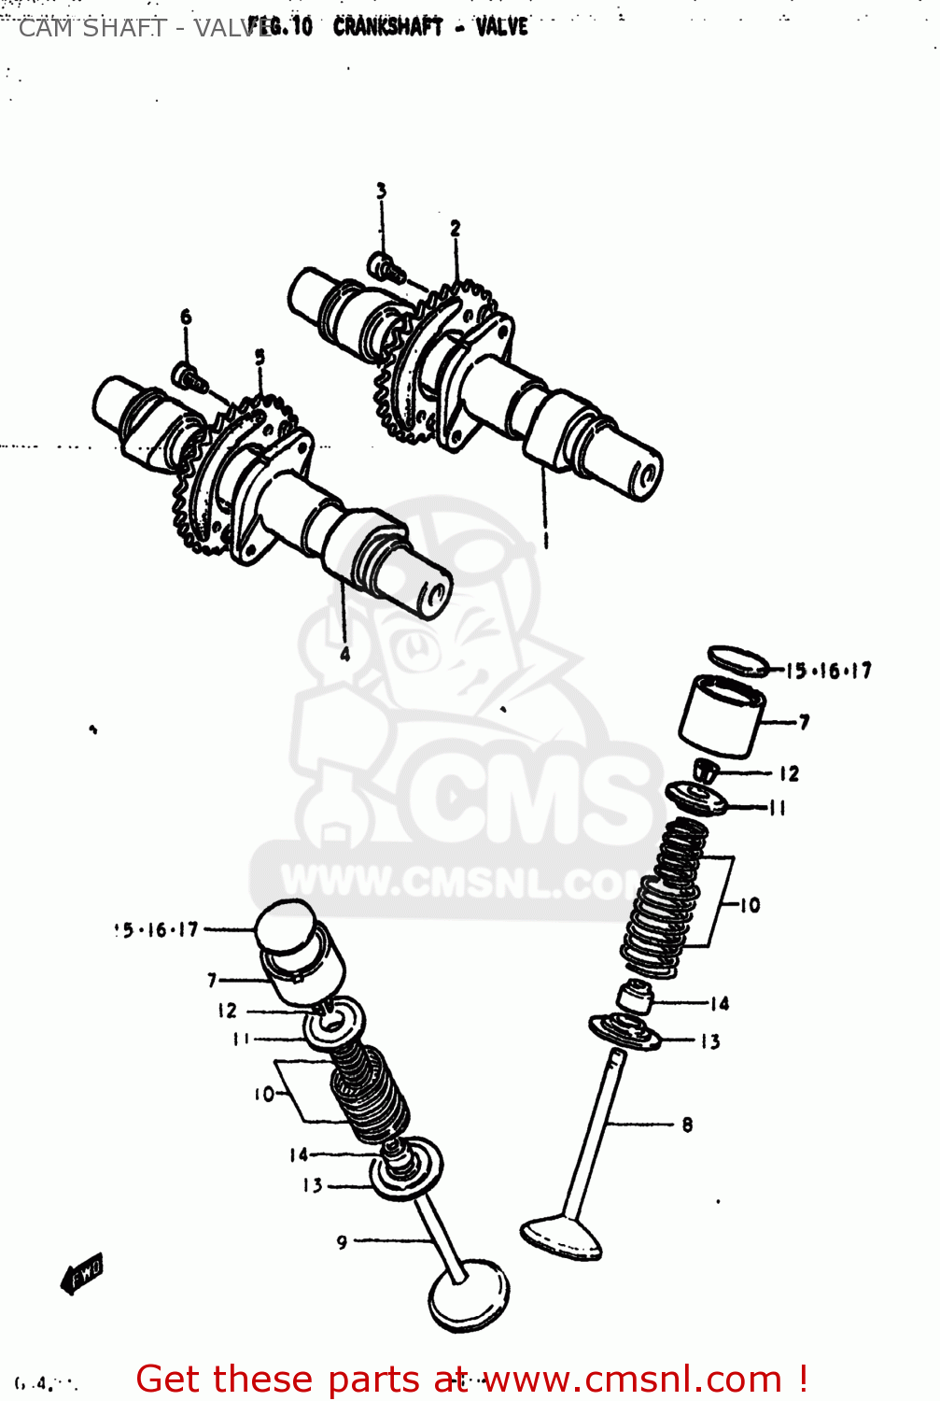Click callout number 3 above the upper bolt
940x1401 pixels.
tap(381, 191)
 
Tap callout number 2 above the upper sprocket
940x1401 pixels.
tap(455, 228)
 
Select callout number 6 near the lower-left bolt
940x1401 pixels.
tap(186, 318)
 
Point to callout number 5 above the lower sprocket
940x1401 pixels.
tap(260, 357)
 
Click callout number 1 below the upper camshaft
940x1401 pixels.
tap(546, 539)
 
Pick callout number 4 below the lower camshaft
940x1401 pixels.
tap(344, 654)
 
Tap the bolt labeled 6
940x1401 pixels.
tap(189, 377)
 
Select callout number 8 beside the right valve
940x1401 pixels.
tap(687, 1125)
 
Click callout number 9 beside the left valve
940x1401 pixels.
tap(342, 1241)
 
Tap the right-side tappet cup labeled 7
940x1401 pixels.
tap(721, 716)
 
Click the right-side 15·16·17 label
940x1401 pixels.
tap(828, 671)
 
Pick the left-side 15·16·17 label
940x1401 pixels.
tap(157, 930)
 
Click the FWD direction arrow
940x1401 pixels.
tap(82, 1273)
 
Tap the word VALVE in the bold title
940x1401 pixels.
tap(501, 26)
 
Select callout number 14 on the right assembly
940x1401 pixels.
tap(719, 1004)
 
